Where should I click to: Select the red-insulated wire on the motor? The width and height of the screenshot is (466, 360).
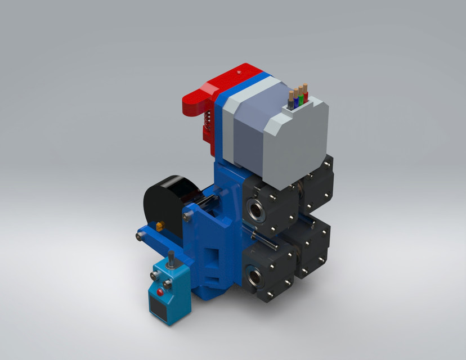point(306,95)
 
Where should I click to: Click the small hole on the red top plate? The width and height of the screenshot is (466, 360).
point(241,72)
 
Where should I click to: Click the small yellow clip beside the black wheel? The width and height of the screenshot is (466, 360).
point(160,226)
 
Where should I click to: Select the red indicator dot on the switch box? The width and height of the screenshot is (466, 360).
point(161,292)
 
